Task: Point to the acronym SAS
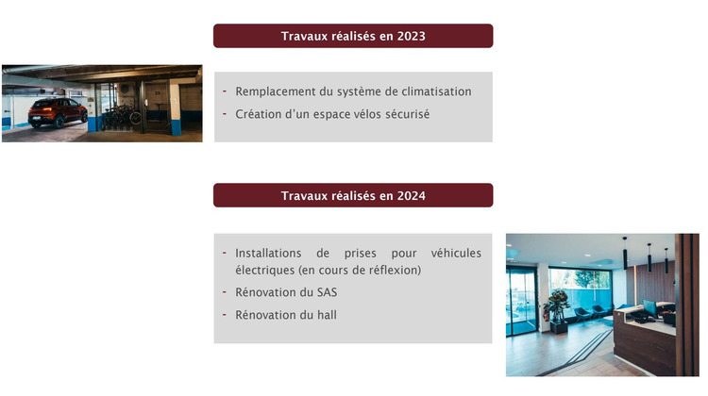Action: pyautogui.click(x=327, y=292)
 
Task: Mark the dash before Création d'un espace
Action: pyautogui.click(x=225, y=114)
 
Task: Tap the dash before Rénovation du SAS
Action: pyautogui.click(x=225, y=292)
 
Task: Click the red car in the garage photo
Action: pyautogui.click(x=57, y=112)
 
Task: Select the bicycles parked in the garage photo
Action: pyautogui.click(x=120, y=116)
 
